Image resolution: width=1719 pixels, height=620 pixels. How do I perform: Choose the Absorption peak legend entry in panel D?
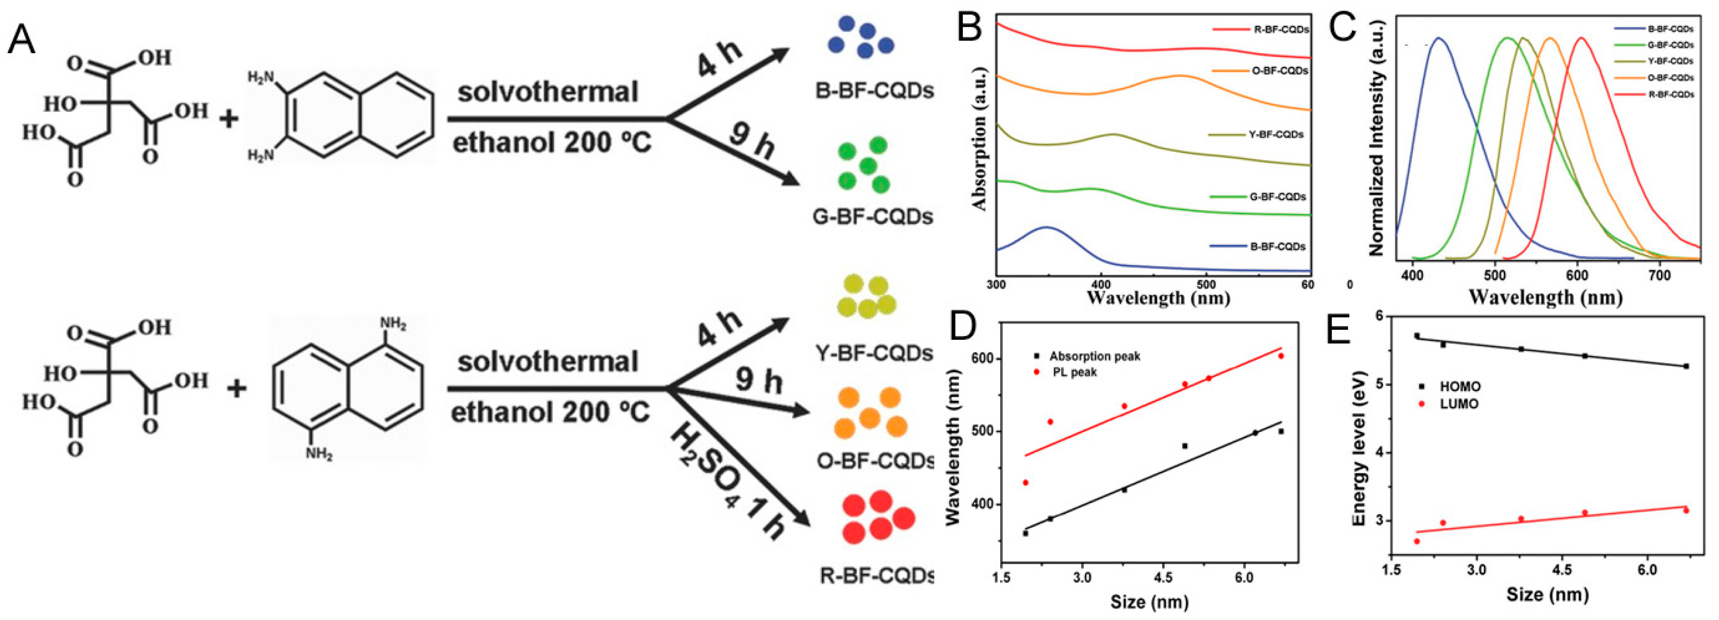point(1095,357)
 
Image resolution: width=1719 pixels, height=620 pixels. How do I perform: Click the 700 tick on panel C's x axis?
point(1659,275)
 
